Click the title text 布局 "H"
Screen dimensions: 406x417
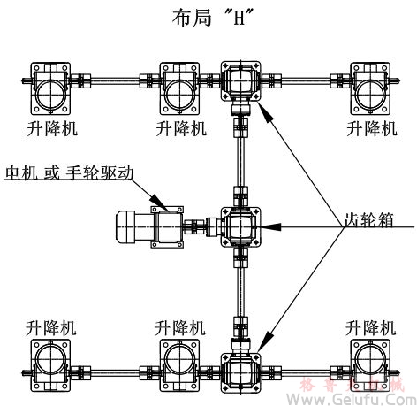[208, 17]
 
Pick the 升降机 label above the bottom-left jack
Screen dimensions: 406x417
[51, 325]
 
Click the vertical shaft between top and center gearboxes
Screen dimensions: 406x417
[239, 155]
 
